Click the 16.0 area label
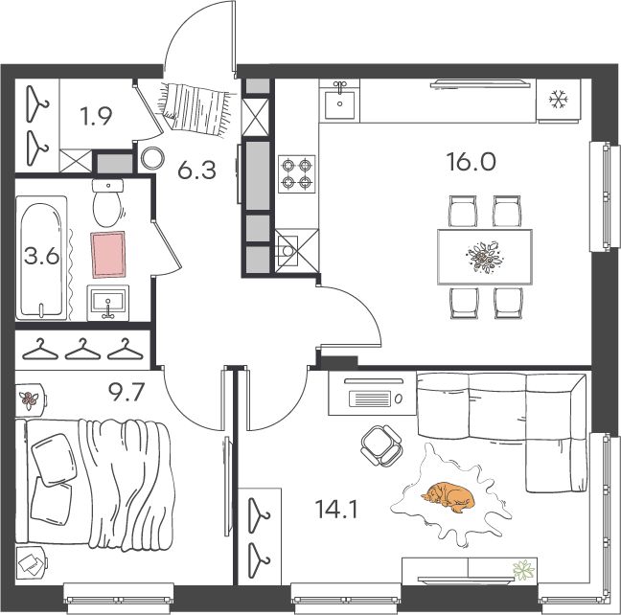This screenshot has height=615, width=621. (471, 162)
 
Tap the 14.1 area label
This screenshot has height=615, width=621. (336, 510)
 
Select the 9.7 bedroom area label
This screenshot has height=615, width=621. (126, 392)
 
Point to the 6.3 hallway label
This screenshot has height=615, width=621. (196, 171)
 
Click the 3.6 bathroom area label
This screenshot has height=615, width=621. (41, 256)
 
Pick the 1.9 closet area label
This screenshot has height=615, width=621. (96, 116)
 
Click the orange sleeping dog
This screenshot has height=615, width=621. (448, 496)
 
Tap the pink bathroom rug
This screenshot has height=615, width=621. (108, 254)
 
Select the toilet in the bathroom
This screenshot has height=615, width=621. (107, 203)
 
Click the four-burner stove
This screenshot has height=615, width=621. (297, 173)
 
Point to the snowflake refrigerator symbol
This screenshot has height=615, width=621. (559, 99)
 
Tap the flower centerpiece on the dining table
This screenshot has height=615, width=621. (485, 257)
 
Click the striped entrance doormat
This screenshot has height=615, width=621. (195, 106)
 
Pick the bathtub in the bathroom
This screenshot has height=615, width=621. (41, 259)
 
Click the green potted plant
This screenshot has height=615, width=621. (523, 570)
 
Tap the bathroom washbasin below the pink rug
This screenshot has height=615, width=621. (107, 303)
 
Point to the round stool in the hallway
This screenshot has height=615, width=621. (152, 158)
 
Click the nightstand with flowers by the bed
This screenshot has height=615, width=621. (30, 399)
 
